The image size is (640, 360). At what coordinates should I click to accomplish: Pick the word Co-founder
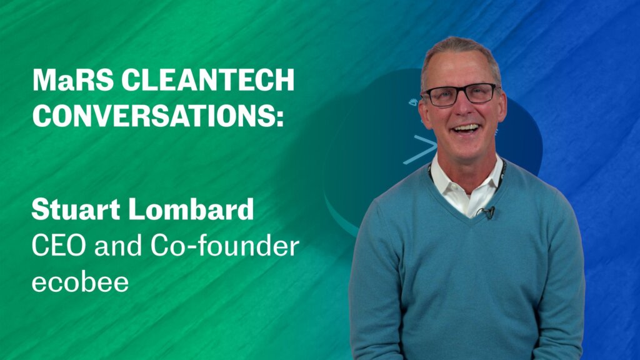tap(225, 246)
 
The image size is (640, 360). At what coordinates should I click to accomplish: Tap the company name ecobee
tap(80, 282)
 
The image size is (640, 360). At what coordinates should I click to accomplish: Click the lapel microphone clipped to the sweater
tap(487, 211)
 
